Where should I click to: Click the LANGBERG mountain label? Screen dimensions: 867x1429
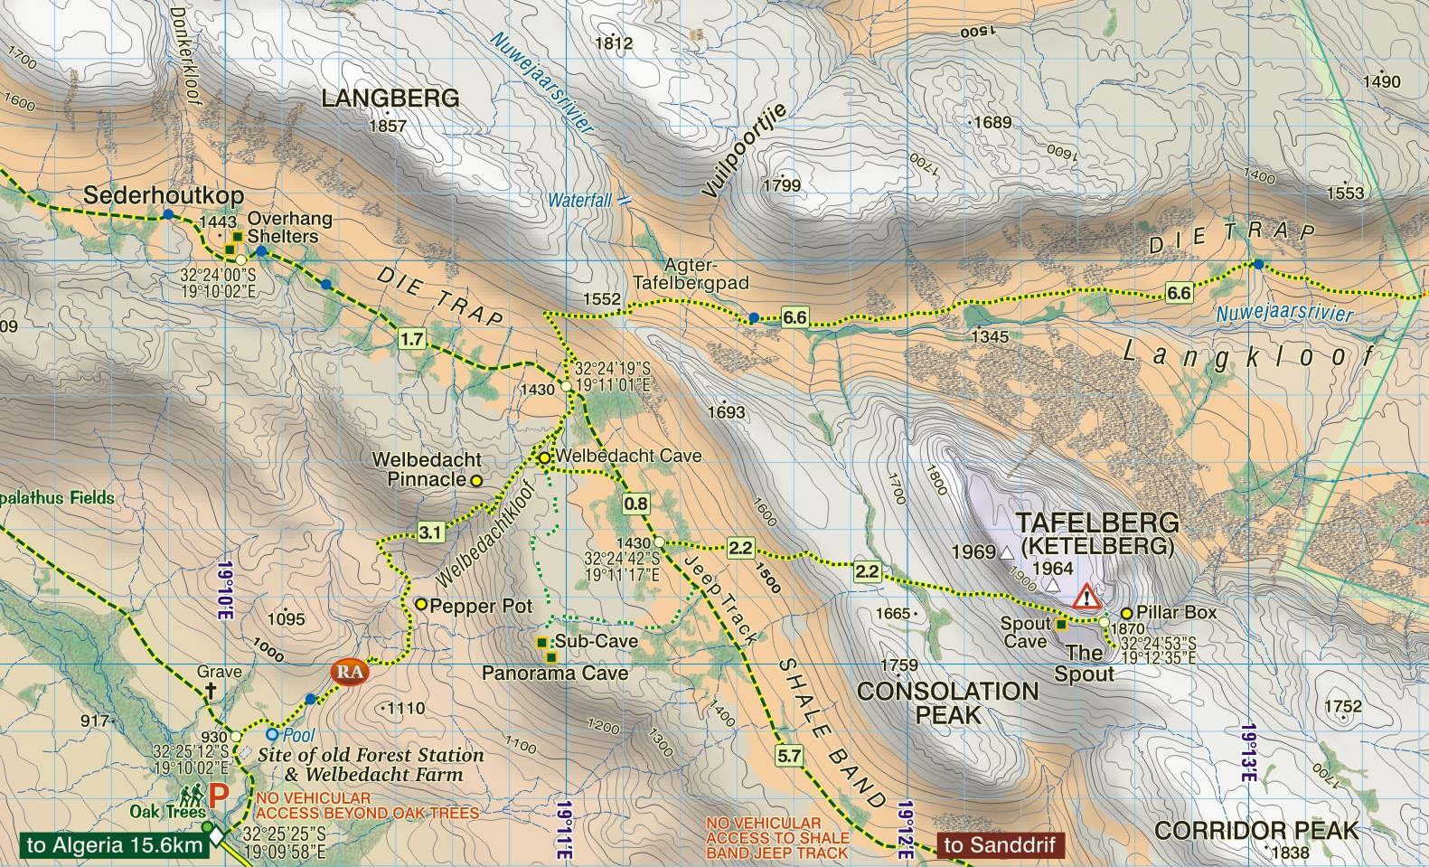tap(390, 98)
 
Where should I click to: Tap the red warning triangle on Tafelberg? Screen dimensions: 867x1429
tap(1086, 597)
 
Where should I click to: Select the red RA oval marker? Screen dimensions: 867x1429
tap(350, 672)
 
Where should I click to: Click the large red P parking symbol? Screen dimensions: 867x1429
tap(219, 796)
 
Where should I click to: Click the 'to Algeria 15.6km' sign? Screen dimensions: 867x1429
tap(114, 845)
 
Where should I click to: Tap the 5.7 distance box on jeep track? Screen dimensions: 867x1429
tap(789, 755)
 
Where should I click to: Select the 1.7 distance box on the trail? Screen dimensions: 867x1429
tap(411, 339)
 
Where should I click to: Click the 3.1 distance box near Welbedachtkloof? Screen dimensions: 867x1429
tap(431, 532)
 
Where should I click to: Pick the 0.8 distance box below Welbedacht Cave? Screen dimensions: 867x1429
tap(635, 504)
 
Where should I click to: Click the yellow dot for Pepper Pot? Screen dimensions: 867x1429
tap(420, 604)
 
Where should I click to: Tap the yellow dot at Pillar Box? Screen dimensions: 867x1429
tap(1126, 613)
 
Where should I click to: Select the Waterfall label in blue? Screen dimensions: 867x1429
tap(579, 201)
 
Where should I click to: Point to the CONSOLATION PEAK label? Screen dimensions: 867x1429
tap(947, 702)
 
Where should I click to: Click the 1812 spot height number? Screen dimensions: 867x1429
tap(614, 42)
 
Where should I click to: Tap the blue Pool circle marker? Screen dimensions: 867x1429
tap(271, 734)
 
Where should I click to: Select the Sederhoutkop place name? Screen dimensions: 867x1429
tap(164, 194)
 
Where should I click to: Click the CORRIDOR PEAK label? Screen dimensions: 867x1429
tap(1256, 830)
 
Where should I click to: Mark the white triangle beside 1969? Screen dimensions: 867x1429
tap(1007, 552)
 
